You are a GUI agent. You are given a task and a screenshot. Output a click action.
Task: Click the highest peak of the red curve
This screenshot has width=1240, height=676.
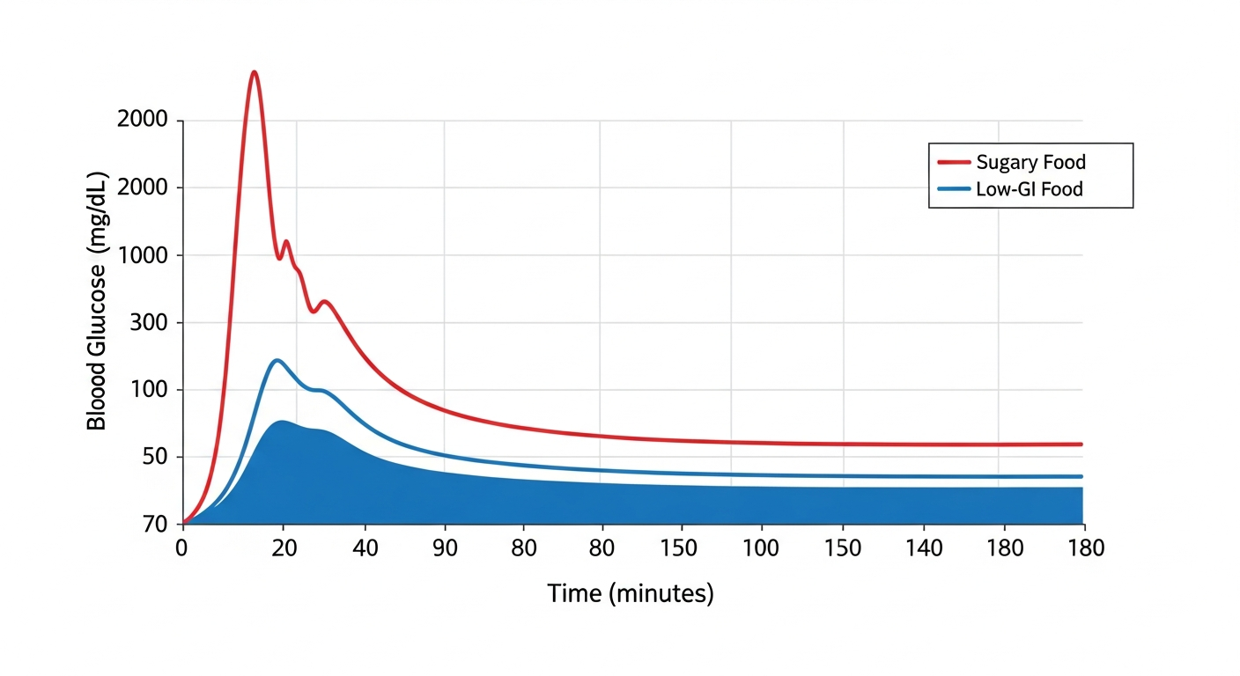tap(254, 72)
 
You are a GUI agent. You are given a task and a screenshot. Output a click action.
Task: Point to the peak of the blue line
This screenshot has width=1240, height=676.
tap(277, 360)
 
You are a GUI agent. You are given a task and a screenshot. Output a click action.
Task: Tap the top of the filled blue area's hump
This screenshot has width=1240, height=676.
tap(282, 422)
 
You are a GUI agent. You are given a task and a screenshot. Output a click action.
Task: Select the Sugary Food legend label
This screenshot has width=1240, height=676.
tap(1030, 162)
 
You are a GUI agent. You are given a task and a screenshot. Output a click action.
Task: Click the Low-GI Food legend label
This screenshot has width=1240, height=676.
tap(1029, 188)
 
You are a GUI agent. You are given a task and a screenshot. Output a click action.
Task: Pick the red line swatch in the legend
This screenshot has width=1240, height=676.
tap(954, 162)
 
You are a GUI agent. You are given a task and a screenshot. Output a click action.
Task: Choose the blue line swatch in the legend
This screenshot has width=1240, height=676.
tap(954, 188)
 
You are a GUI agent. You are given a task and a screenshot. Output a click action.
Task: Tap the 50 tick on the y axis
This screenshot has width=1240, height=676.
tap(155, 458)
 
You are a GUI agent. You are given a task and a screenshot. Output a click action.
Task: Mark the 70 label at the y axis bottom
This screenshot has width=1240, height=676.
tap(155, 525)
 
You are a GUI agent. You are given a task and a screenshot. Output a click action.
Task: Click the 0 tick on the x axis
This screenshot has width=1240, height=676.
tap(181, 547)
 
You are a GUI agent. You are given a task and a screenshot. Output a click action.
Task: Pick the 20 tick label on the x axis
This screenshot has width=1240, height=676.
tap(284, 547)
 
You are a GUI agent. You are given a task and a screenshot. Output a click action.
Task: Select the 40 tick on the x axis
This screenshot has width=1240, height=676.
tap(365, 547)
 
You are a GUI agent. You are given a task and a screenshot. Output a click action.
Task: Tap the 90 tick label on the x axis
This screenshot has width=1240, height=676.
tap(444, 547)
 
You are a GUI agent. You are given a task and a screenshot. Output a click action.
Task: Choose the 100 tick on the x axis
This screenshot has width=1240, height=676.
tap(761, 547)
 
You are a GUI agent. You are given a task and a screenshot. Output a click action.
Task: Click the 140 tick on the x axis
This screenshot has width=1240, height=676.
tap(925, 547)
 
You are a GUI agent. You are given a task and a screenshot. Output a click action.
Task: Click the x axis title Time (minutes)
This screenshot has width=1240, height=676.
tap(630, 593)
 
